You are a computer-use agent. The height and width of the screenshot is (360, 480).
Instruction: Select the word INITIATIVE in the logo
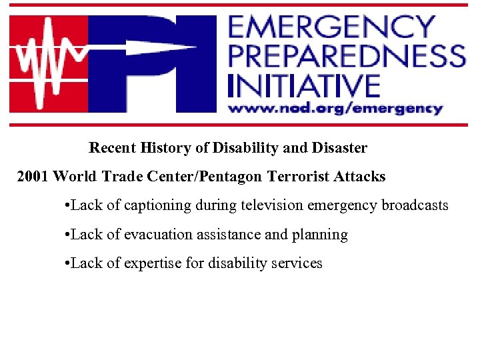click(x=303, y=85)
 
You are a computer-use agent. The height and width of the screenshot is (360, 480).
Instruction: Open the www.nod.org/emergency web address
click(x=335, y=108)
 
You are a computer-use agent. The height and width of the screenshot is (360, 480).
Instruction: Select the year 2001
click(x=33, y=177)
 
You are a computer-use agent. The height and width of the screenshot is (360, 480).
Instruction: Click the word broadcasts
click(x=415, y=205)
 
